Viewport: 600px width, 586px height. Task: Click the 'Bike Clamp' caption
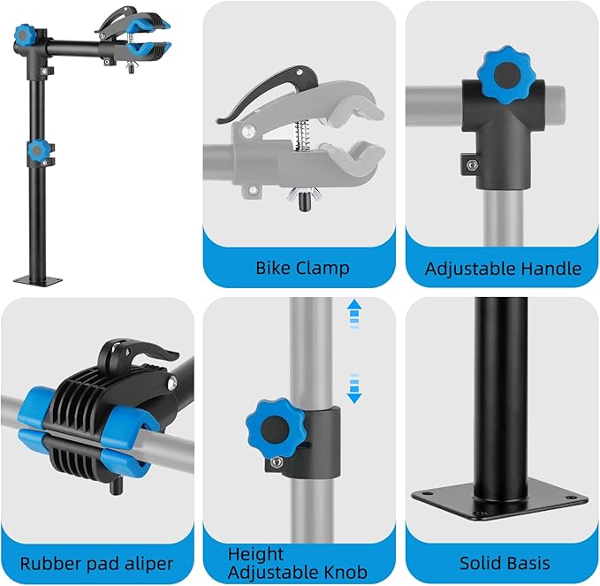pos(302,268)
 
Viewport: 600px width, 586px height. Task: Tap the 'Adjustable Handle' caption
pos(503,268)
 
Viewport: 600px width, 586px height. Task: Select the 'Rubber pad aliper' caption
pos(96,563)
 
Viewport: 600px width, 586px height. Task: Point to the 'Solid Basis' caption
pos(505,563)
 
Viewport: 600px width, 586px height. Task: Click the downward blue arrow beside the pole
pos(354,389)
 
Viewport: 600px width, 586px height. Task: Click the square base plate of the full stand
pos(38,281)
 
